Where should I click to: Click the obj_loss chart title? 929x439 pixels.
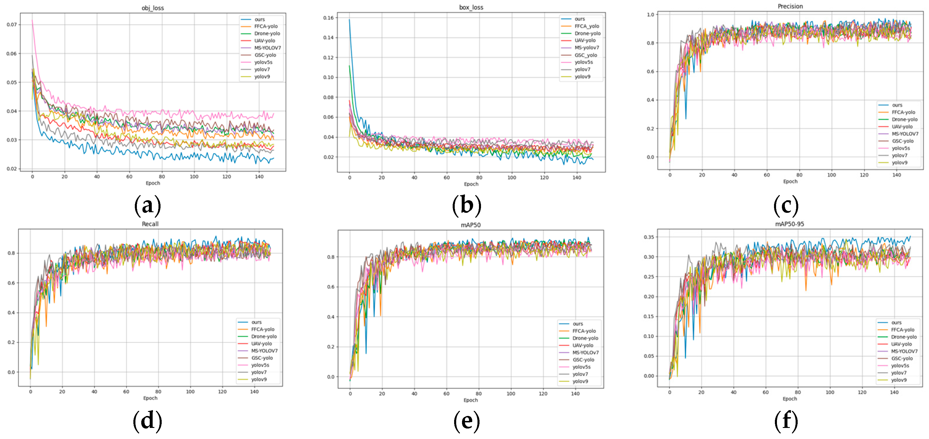153,8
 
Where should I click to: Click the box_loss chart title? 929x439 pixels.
471,7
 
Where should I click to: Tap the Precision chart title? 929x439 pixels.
790,6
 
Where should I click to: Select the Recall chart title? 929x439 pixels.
150,224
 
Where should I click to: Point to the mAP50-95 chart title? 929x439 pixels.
789,224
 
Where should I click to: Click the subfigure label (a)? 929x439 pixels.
147,206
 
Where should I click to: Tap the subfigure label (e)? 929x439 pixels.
467,421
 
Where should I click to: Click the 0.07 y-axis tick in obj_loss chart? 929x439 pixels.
12,24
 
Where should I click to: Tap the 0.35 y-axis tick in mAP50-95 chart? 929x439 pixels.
649,237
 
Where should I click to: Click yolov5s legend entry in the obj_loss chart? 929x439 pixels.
263,62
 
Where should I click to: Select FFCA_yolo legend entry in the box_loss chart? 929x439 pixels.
586,26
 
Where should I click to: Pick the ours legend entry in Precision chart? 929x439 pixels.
897,105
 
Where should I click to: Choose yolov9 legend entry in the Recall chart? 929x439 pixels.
259,379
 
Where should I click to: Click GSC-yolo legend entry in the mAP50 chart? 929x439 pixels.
583,359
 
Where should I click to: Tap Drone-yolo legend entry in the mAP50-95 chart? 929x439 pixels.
903,337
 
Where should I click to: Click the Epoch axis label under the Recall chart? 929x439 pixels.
150,398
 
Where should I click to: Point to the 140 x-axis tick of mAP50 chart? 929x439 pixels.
575,394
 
